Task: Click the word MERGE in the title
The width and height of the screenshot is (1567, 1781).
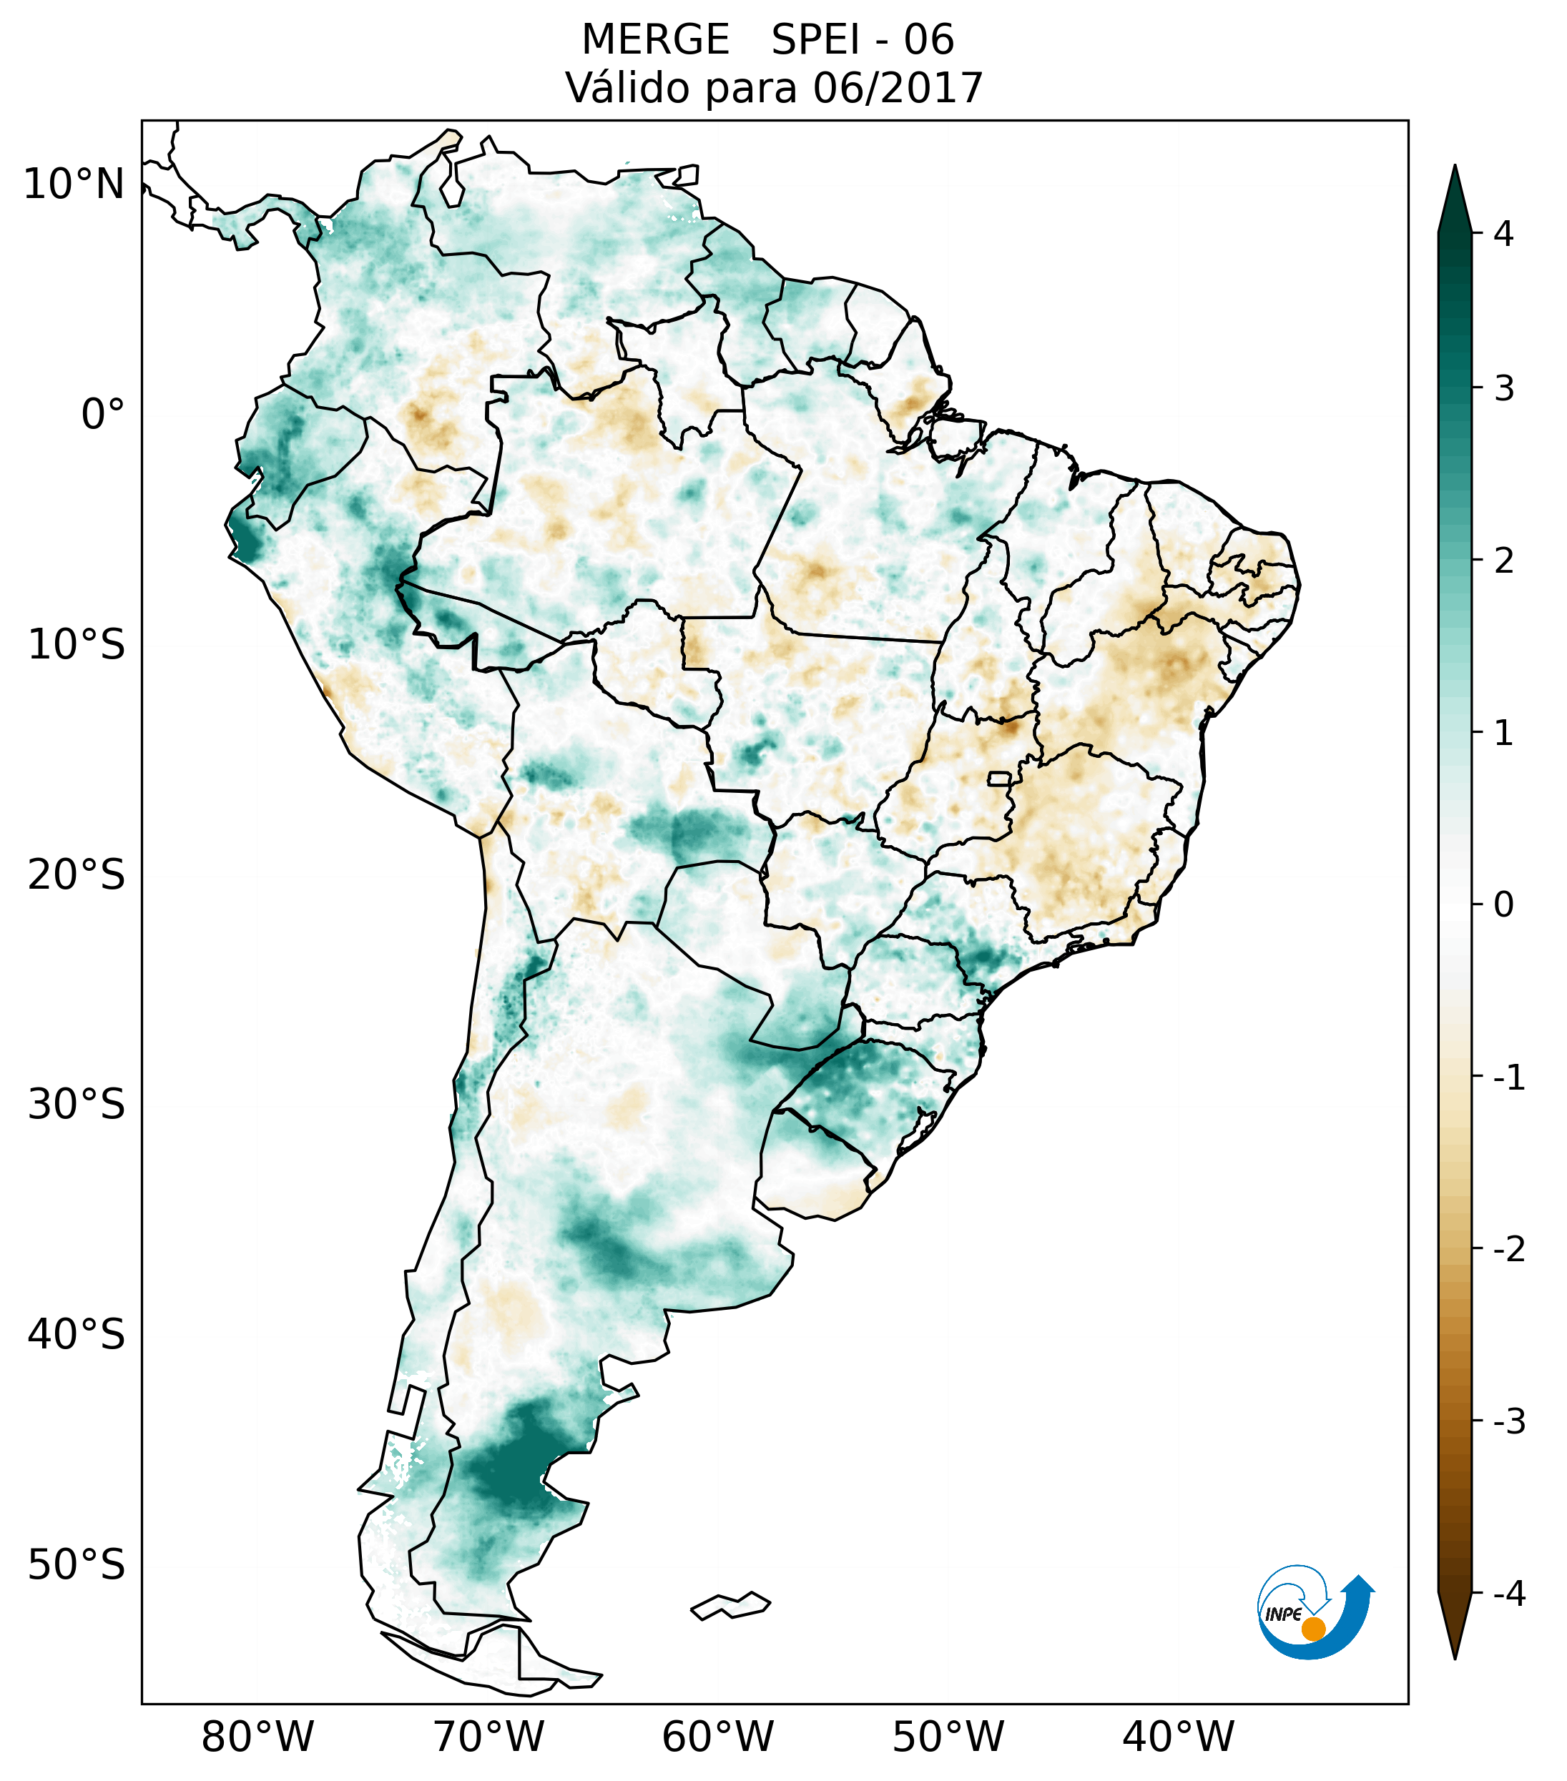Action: [654, 40]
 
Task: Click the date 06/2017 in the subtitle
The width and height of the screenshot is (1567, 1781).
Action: [898, 88]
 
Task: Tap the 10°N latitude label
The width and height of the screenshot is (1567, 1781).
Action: [74, 184]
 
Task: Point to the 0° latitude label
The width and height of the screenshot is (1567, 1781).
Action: [103, 415]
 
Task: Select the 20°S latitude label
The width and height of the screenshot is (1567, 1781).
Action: [77, 875]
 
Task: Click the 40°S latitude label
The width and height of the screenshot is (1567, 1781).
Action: [77, 1334]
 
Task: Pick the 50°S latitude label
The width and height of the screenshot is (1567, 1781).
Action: [77, 1565]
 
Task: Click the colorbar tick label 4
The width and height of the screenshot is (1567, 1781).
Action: [1503, 234]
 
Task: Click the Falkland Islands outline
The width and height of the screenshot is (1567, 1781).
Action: [730, 1605]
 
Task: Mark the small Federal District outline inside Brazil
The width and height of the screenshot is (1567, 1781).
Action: [1000, 778]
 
